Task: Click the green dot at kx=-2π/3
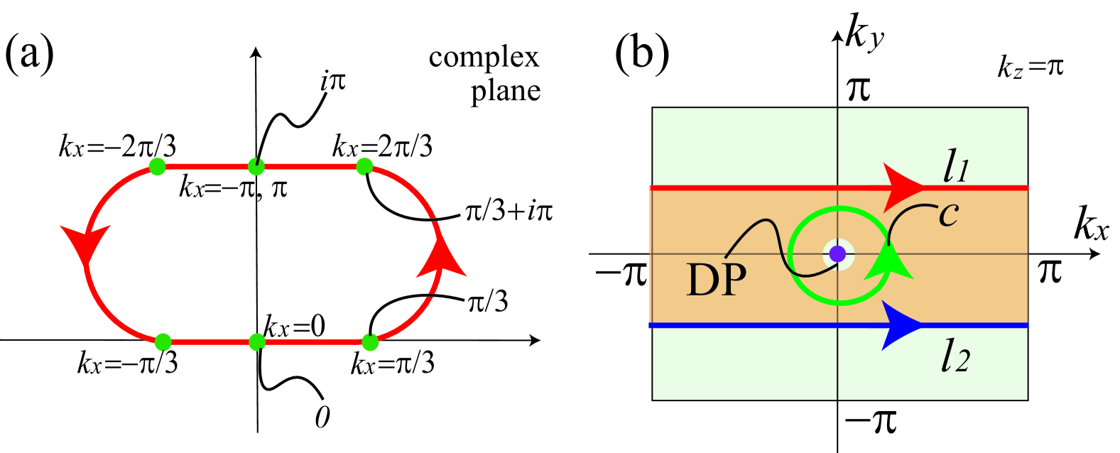click(x=158, y=167)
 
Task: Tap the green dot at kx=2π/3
click(x=364, y=167)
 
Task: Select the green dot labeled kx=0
click(x=257, y=342)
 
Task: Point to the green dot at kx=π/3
click(x=370, y=342)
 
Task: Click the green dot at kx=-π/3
click(x=163, y=342)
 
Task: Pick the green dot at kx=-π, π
click(x=256, y=167)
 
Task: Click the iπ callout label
click(x=332, y=82)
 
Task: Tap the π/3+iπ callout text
click(x=509, y=212)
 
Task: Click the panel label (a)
click(x=29, y=55)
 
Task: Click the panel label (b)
click(x=641, y=54)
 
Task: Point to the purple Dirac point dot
click(x=838, y=253)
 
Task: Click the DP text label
click(x=716, y=280)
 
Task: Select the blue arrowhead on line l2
click(x=900, y=325)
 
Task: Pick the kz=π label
click(x=1030, y=67)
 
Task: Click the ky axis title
click(x=864, y=34)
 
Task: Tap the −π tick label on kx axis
click(x=621, y=273)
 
